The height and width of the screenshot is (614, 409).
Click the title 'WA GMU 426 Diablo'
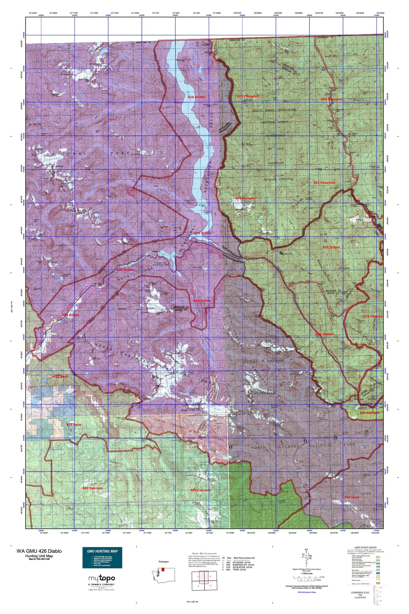(x=39, y=551)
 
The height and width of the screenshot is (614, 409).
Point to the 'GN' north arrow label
(x=306, y=549)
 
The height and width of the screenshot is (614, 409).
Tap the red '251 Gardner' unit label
(x=369, y=413)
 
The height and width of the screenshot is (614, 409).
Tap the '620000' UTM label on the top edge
(x=41, y=16)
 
